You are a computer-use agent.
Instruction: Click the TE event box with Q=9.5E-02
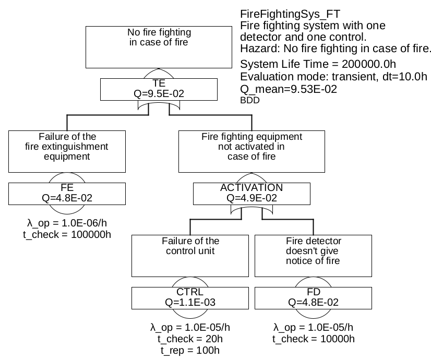coord(159,89)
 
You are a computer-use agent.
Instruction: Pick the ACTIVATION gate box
coord(252,193)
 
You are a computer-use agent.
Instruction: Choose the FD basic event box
coord(313,297)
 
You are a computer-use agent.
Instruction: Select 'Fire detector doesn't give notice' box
coord(313,255)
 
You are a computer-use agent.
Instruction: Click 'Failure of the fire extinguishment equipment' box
coord(67,151)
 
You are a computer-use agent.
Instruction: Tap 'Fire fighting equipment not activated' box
coord(252,151)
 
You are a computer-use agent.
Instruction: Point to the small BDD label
coord(249,101)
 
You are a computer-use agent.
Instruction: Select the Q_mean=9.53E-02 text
coord(288,89)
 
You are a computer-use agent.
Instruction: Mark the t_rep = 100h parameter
coord(190,350)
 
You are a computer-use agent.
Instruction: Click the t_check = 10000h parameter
coord(313,339)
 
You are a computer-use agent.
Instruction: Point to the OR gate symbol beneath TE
coord(159,105)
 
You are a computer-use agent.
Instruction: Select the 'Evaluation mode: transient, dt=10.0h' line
coord(334,77)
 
